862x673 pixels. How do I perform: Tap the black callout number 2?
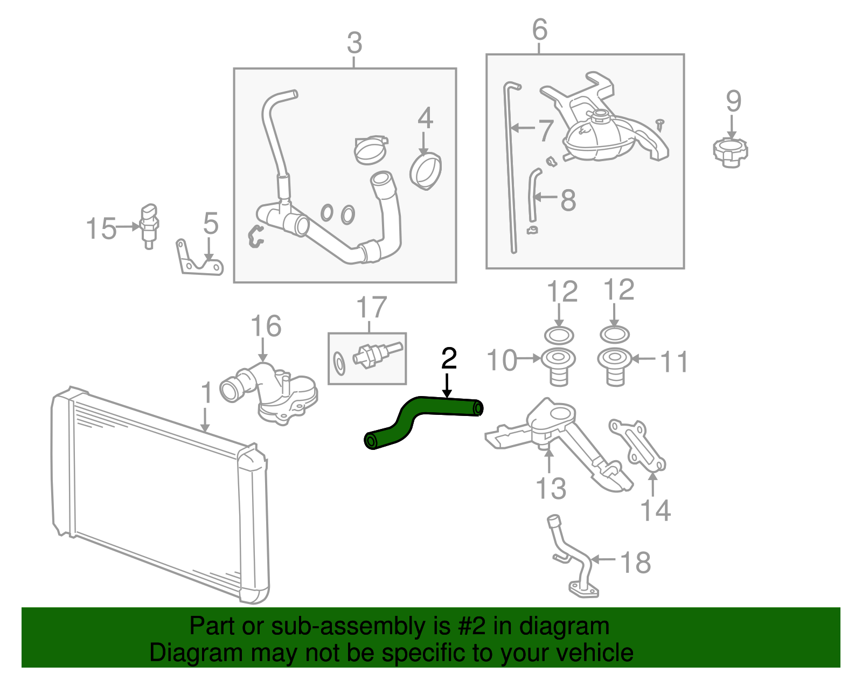(x=449, y=359)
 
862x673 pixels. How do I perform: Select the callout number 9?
(x=733, y=101)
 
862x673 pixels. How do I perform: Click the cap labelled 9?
(x=730, y=152)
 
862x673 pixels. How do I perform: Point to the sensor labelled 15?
(x=149, y=224)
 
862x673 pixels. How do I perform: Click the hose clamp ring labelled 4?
(x=426, y=171)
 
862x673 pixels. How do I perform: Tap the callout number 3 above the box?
(x=354, y=43)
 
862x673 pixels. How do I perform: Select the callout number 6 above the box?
(x=539, y=30)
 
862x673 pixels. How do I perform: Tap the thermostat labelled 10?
(x=558, y=366)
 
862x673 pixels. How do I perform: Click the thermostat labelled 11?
(x=615, y=366)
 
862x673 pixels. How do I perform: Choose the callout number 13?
(x=551, y=489)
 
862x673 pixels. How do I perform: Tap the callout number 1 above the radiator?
(x=206, y=393)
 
